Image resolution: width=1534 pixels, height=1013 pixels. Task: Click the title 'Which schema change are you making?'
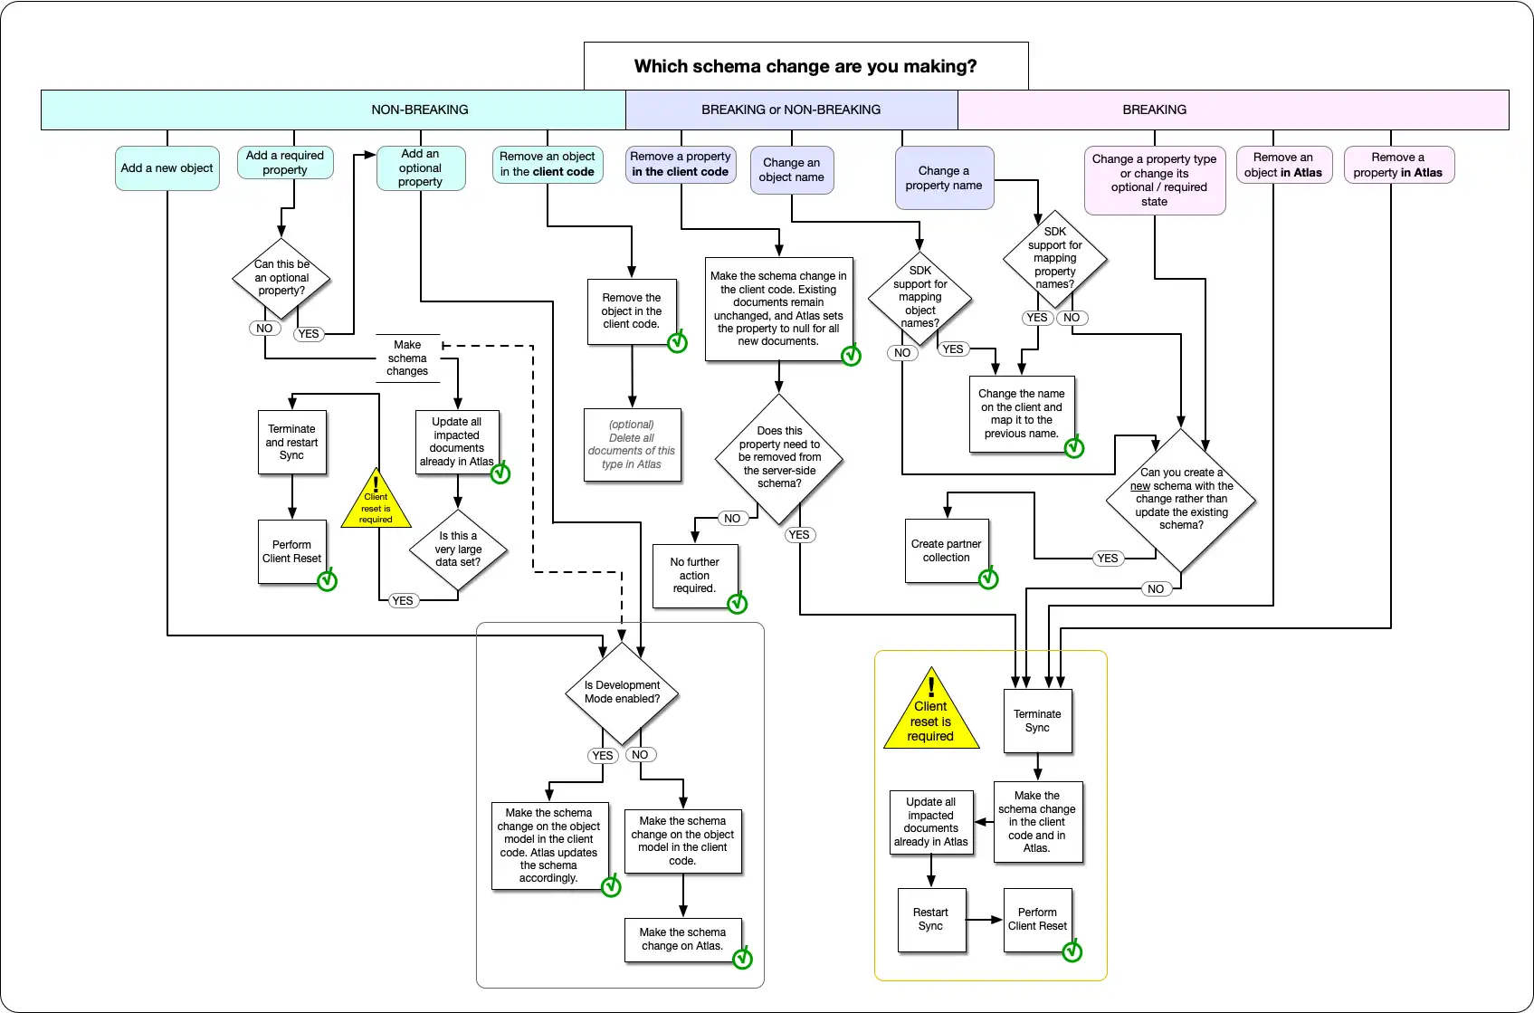tap(805, 66)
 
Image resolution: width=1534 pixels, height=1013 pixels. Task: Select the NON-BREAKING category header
tap(420, 110)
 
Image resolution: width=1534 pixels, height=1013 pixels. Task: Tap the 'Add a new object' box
tap(167, 168)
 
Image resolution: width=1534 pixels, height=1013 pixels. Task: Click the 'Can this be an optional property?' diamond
tap(281, 278)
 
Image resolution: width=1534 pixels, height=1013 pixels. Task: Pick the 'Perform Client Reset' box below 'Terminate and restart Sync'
tap(291, 552)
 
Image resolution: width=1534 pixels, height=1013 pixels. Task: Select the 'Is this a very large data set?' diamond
tap(458, 550)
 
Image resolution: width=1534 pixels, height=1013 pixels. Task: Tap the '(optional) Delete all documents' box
tap(632, 444)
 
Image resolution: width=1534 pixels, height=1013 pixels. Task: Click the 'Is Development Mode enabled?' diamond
tap(622, 693)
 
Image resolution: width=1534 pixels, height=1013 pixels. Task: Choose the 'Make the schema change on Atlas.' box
tap(682, 939)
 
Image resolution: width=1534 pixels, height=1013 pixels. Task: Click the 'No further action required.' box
tap(694, 576)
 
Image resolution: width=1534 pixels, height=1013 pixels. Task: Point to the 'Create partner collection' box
tap(946, 550)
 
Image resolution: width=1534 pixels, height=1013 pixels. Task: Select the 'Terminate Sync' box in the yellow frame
tap(1037, 721)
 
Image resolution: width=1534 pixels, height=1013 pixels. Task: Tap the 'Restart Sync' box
tap(930, 919)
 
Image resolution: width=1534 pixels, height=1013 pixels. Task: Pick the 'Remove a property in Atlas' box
tap(1397, 165)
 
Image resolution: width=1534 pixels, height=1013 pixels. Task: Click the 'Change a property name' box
tap(943, 177)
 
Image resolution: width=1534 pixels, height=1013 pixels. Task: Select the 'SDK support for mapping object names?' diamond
tap(919, 297)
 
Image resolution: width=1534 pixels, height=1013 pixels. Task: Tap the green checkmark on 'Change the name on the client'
tap(1073, 447)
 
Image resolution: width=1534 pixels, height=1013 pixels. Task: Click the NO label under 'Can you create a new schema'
tap(1156, 589)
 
